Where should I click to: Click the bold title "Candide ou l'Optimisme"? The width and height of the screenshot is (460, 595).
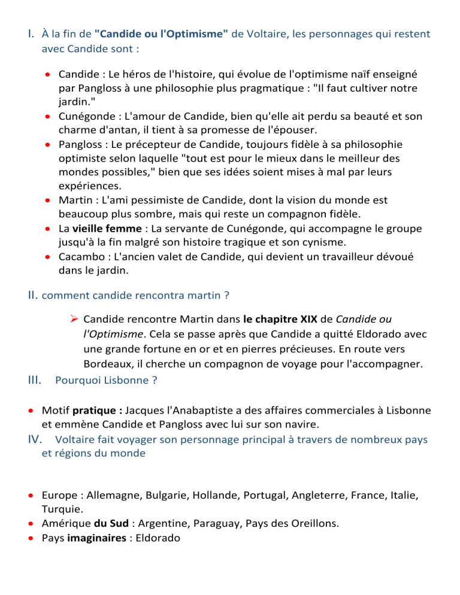coord(161,34)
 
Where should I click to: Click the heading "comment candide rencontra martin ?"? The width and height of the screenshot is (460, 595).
coord(136,295)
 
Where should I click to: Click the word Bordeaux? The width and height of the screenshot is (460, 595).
coord(108,364)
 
